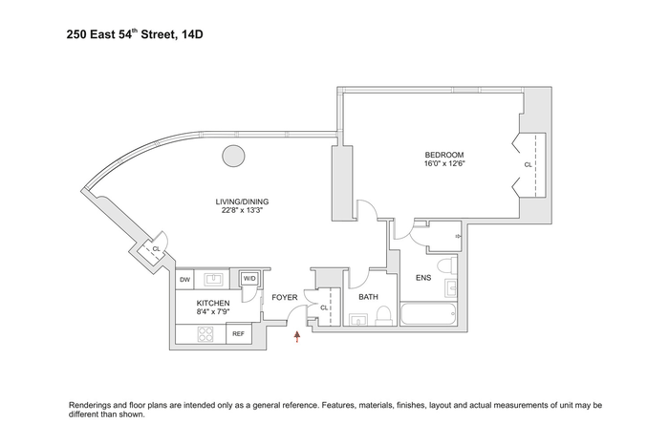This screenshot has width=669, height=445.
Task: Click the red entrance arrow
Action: pos(297,337)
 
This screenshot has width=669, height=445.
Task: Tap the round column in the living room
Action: pos(234,156)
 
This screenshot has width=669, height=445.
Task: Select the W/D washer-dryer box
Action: pos(249,279)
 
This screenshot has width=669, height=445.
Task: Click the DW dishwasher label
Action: pos(184,280)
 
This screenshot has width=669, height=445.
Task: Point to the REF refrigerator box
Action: pos(239,334)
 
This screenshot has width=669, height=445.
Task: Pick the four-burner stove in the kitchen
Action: pos(205,334)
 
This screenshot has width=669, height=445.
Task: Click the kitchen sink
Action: pos(212,280)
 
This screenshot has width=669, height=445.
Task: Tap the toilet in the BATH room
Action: pos(383,315)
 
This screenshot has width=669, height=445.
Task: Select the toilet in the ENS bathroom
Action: pos(448,265)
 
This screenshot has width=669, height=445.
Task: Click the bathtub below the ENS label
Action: pos(429,314)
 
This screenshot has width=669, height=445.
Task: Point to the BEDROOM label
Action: pos(444,155)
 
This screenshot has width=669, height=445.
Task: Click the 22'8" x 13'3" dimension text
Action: pos(242,210)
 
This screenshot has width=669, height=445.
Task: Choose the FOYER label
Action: pos(284,297)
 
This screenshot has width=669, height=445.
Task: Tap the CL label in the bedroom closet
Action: pos(528,164)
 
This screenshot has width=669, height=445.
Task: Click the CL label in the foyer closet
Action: pos(324,307)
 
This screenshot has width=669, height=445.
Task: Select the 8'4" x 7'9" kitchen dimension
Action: pos(213,311)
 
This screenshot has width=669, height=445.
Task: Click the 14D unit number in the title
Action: pos(192,34)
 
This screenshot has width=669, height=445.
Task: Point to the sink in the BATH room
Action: pos(358,320)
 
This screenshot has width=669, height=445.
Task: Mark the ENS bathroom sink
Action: pos(451,288)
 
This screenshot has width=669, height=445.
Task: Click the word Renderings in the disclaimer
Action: pos(90,405)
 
